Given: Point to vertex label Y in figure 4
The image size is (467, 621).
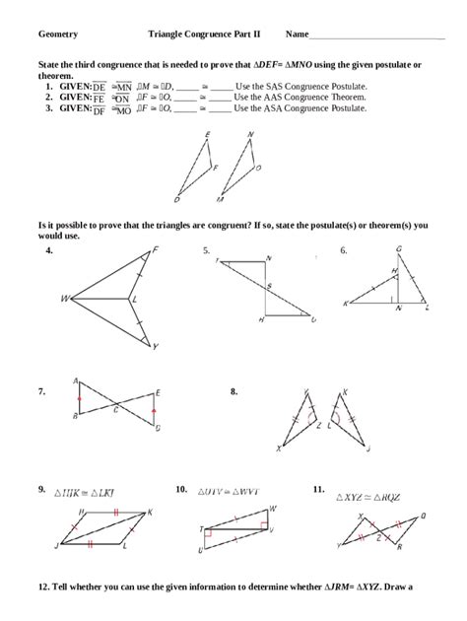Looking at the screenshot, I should click(155, 346).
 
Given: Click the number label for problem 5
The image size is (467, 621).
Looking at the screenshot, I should click(206, 251).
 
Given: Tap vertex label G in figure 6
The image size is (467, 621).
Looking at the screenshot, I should click(397, 248).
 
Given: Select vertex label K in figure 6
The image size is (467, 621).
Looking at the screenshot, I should click(346, 304).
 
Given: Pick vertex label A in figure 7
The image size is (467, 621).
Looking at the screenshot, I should click(76, 380).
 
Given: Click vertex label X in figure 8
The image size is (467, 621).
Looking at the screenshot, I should click(279, 448).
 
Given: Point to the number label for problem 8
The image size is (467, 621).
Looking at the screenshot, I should click(234, 391).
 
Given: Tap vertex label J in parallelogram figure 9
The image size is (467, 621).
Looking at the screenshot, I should click(56, 544).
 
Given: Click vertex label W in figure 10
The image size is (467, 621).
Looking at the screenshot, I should click(272, 508).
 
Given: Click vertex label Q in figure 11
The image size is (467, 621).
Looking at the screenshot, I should click(423, 515).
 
